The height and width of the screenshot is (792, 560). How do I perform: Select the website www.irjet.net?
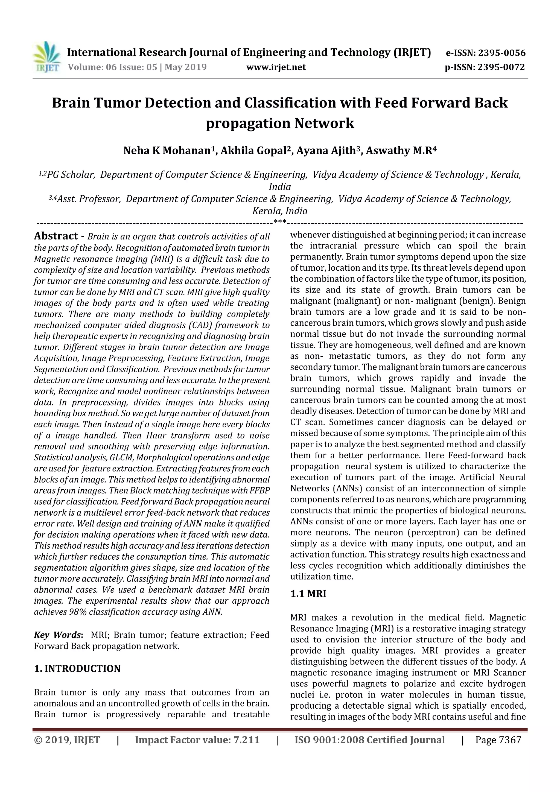[x=276, y=67]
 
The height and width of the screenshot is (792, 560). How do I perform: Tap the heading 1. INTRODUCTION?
[x=77, y=668]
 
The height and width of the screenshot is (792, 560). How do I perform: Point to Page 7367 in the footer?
[x=498, y=740]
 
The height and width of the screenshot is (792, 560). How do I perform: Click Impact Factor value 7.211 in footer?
[x=197, y=740]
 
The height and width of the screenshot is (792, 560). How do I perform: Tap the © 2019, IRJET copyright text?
[x=67, y=740]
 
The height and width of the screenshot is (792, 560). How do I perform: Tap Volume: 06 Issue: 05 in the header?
[x=112, y=67]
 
